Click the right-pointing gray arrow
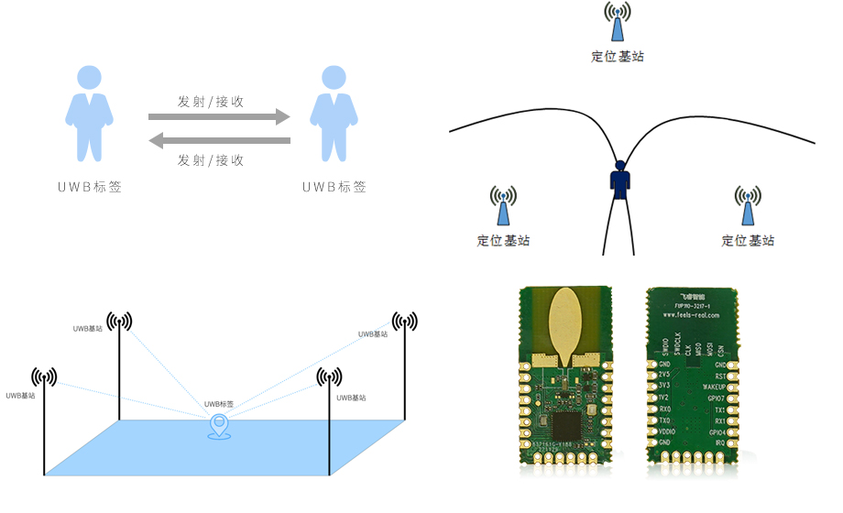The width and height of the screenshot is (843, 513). click(x=220, y=116)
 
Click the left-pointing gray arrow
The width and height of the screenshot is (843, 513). click(x=220, y=140)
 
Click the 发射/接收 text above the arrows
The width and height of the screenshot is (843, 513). click(x=211, y=101)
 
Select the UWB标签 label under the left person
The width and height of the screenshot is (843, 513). click(x=89, y=187)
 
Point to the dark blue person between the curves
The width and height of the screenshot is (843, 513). click(x=619, y=181)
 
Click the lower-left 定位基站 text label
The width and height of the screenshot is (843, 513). click(x=503, y=241)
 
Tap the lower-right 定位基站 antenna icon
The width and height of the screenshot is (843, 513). click(x=748, y=207)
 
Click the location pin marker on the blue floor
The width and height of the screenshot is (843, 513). click(x=219, y=426)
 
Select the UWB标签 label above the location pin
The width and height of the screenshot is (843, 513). click(x=219, y=404)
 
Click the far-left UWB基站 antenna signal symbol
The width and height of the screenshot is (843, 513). click(x=44, y=377)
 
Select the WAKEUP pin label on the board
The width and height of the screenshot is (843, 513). click(x=712, y=387)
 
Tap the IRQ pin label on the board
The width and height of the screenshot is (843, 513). click(x=720, y=442)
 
